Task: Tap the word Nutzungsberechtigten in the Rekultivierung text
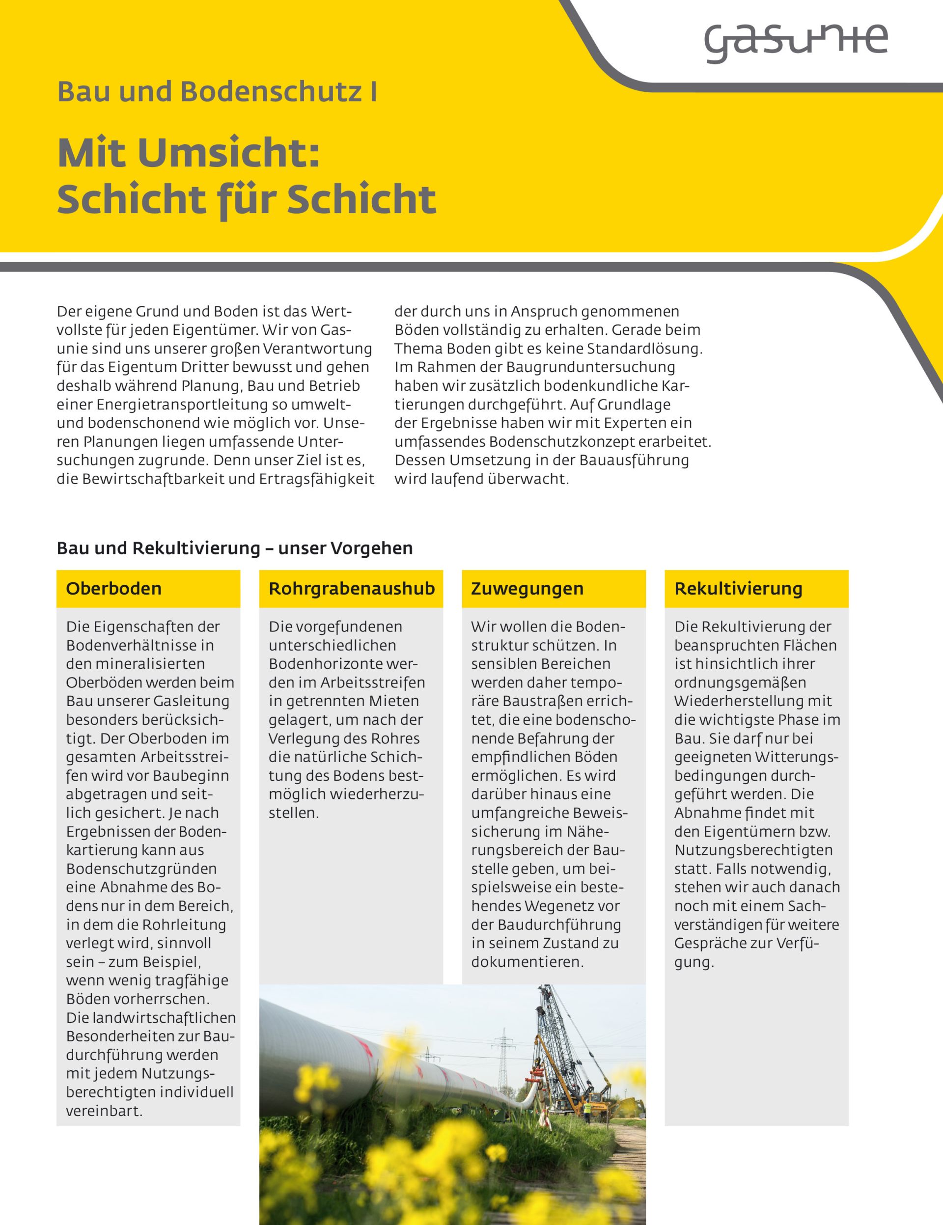pyautogui.click(x=753, y=850)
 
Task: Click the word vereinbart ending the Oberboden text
pyautogui.click(x=104, y=1111)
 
